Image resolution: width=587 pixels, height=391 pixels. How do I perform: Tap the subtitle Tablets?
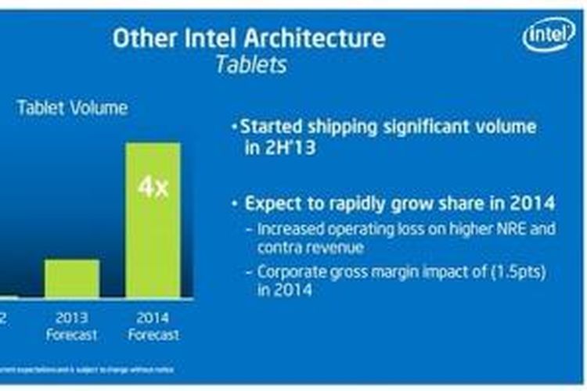pos(250,64)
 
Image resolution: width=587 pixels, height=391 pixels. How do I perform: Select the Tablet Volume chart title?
pos(72,108)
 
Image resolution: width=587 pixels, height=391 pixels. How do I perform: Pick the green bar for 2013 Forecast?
pos(72,278)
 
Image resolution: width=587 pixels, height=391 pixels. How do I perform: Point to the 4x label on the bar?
pos(153,188)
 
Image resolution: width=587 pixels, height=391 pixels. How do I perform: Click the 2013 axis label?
pos(72,318)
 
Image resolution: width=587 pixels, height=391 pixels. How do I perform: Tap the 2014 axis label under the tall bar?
pos(153,318)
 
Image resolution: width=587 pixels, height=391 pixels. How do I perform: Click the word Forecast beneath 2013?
pos(72,335)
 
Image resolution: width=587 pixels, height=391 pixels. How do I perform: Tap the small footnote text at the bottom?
pos(86,369)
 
